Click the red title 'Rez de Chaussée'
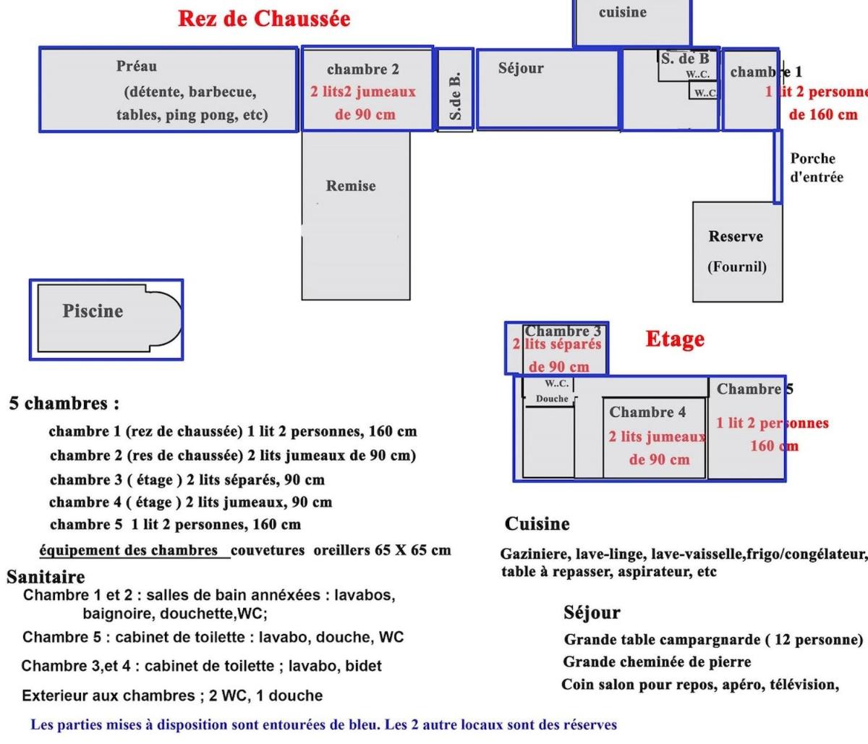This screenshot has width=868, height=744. tap(264, 19)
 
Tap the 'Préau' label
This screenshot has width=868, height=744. tap(136, 66)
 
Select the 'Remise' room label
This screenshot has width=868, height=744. tap(351, 186)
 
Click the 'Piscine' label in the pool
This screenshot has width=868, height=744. tap(93, 311)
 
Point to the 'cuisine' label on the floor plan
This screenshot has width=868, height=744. tap(622, 12)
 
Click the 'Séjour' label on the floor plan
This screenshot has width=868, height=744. tap(521, 68)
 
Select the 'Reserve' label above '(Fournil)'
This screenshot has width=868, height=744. tap(736, 237)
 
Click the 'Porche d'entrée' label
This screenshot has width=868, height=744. tap(817, 167)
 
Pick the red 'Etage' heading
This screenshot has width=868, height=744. tap(674, 339)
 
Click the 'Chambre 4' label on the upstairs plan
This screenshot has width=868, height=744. tap(647, 413)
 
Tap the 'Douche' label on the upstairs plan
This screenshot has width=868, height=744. tap(552, 399)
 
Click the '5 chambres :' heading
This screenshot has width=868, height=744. tap(64, 403)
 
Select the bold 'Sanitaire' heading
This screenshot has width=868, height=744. tap(46, 577)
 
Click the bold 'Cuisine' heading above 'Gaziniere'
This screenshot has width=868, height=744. tap(537, 524)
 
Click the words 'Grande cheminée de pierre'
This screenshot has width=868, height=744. tap(657, 662)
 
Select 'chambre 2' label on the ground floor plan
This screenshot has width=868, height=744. tap(362, 69)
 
